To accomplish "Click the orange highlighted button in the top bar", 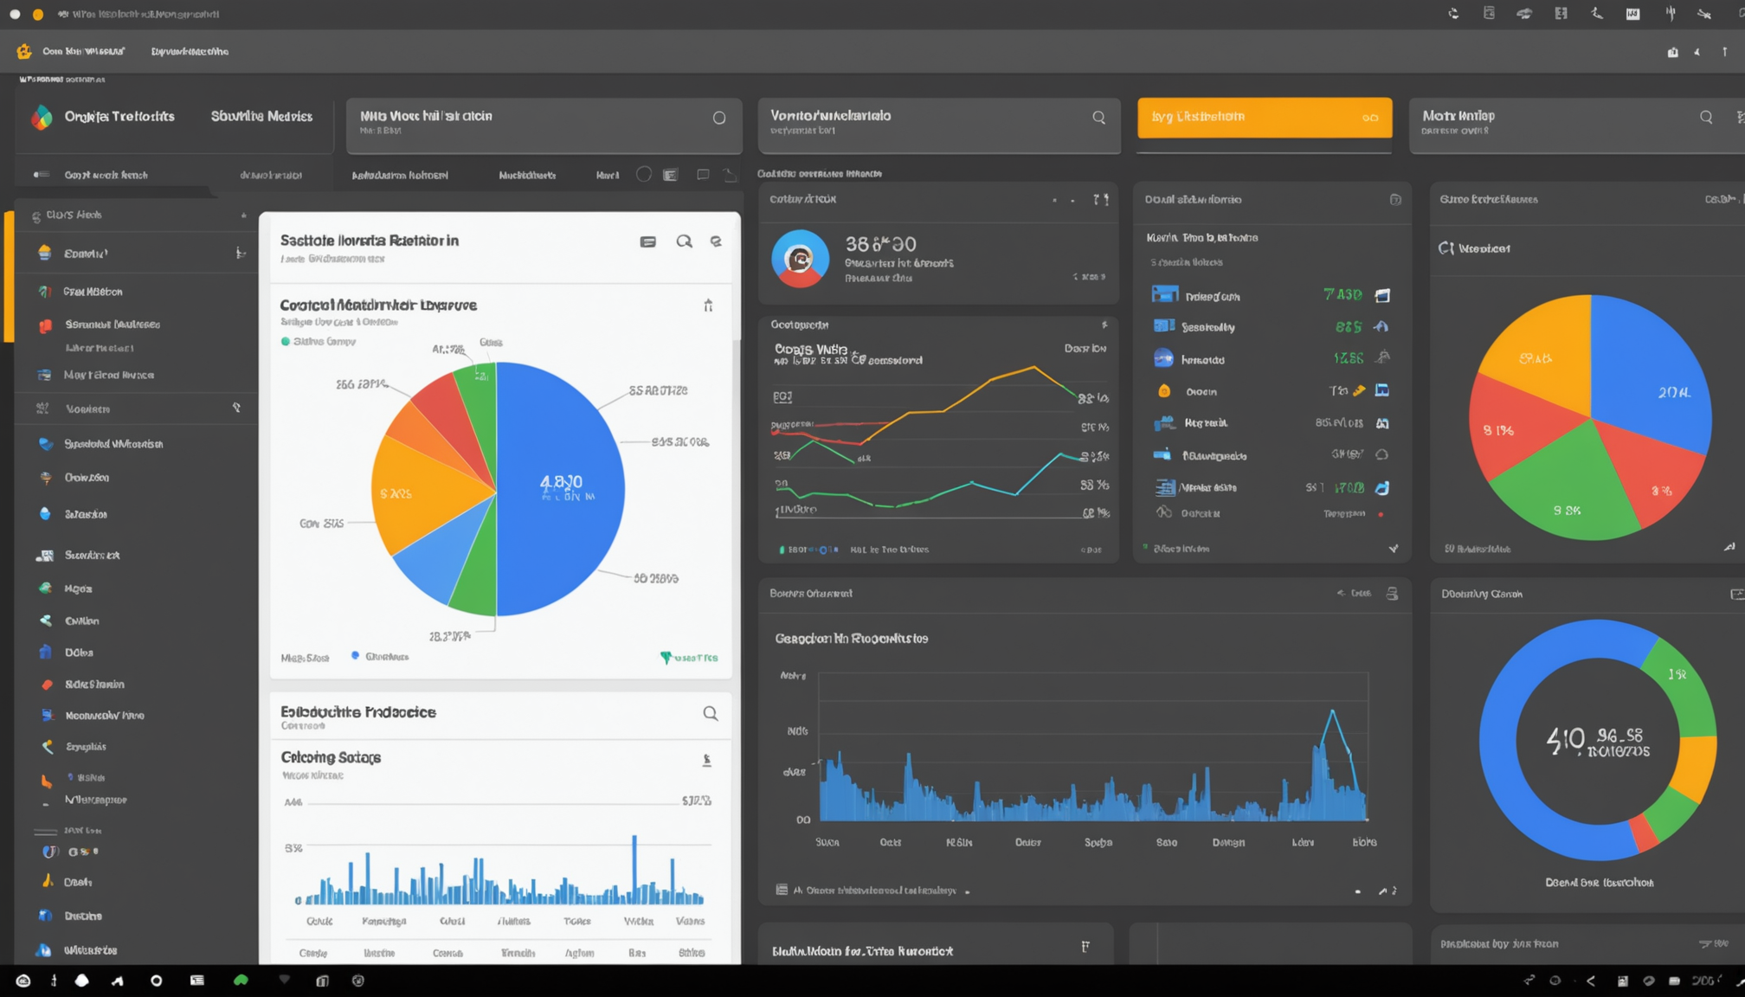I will pos(1264,117).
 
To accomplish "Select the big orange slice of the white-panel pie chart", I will pos(424,493).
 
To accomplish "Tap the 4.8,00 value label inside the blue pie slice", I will pos(561,482).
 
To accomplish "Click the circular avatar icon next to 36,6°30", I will pos(800,258).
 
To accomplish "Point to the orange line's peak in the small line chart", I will pos(1033,368).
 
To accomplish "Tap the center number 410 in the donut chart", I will pos(1566,740).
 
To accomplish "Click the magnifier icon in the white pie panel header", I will pos(684,241).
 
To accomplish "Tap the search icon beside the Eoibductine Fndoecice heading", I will pos(710,713).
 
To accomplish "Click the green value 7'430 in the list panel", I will pos(1343,295).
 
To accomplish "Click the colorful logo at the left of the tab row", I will pos(42,117).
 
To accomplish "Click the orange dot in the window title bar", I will pos(37,14).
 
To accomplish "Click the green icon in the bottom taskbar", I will pos(241,980).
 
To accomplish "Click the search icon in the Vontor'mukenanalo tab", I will pos(1098,118).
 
